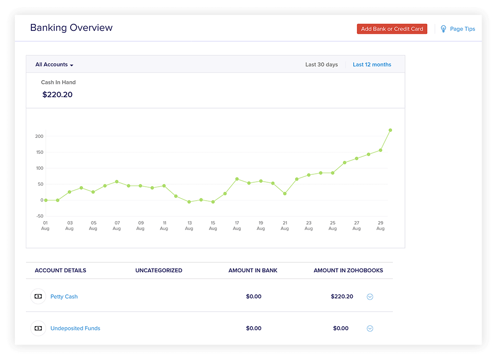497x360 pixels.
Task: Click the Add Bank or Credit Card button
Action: [x=392, y=29]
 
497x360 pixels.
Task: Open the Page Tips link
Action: [x=462, y=29]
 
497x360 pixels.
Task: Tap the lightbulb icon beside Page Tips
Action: [x=443, y=29]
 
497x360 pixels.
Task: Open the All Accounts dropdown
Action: [x=54, y=65]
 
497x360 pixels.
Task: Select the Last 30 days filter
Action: [x=321, y=65]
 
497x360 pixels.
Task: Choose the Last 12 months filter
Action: [x=372, y=65]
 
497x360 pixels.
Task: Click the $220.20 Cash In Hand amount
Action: [x=58, y=95]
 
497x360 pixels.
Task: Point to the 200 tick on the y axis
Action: [x=39, y=136]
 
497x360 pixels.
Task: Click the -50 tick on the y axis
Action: [x=39, y=216]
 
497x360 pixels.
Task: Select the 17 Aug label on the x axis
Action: [x=237, y=226]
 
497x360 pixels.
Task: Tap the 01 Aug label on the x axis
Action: [x=45, y=226]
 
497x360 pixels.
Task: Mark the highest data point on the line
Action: [x=391, y=130]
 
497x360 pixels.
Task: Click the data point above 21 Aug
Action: [x=285, y=194]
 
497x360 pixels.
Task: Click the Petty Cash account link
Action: [x=64, y=297]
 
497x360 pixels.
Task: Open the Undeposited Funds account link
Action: [x=75, y=329]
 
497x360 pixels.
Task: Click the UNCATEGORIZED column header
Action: [x=159, y=270]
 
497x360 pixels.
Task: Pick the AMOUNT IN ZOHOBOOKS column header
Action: [x=348, y=270]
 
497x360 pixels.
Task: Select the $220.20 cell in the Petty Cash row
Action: [x=342, y=297]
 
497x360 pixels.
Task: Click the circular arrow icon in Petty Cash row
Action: [x=370, y=297]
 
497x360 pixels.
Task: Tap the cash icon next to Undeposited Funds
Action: [x=38, y=329]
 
